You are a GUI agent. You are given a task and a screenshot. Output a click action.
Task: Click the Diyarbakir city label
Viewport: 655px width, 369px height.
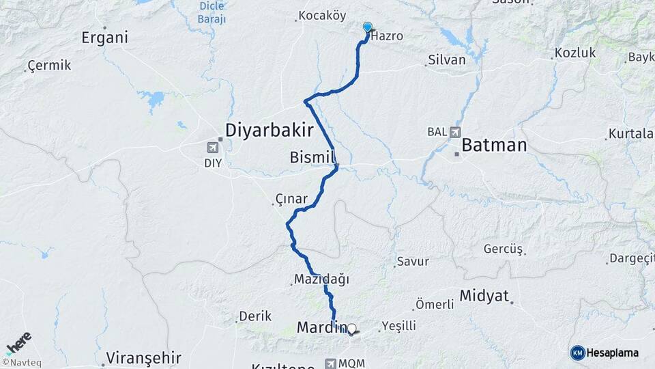[x=270, y=130]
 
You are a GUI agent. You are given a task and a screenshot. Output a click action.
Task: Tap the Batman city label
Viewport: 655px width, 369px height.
[x=494, y=145]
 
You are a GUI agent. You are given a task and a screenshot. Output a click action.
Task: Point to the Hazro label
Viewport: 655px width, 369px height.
[x=388, y=36]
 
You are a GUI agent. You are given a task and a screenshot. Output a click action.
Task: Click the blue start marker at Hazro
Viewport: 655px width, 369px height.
[x=368, y=27]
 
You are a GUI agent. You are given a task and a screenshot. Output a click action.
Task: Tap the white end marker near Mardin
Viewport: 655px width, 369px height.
[x=352, y=329]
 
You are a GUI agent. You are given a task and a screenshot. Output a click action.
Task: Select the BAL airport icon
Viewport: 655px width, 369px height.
[x=455, y=132]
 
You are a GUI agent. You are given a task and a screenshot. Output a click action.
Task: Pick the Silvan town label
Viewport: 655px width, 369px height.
[x=446, y=60]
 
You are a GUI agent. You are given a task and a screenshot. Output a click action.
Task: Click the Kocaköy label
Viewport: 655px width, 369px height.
[x=323, y=16]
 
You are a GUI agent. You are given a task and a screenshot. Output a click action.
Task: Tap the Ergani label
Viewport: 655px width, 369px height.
[x=104, y=38]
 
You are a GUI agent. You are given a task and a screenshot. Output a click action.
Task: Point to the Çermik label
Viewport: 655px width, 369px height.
[x=47, y=66]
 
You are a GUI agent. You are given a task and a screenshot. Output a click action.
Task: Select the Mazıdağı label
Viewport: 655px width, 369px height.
[x=321, y=279]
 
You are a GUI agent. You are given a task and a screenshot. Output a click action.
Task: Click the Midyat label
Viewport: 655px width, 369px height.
[x=484, y=296]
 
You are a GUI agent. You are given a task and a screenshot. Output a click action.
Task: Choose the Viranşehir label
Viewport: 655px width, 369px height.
[x=143, y=357]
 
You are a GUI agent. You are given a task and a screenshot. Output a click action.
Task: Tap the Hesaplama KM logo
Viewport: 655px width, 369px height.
[x=605, y=353]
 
